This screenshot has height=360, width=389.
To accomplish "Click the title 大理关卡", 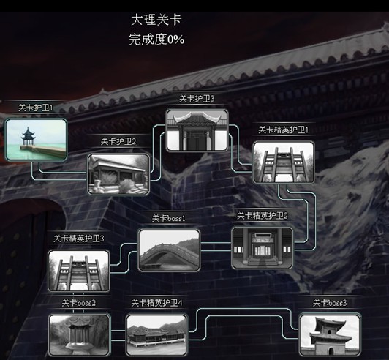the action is tap(156, 20).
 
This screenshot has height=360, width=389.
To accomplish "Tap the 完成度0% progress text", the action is tap(156, 40).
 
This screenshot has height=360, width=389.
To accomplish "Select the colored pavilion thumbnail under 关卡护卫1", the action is tap(37, 140).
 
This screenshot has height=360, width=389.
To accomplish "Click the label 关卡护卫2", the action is tap(118, 141).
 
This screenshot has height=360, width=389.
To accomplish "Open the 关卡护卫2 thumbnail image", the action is tap(118, 174).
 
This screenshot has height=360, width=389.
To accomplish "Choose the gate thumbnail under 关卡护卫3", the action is tap(197, 130).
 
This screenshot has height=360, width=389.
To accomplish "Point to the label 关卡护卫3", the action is tap(197, 99).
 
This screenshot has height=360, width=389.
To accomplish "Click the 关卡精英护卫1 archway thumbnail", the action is tap(284, 162).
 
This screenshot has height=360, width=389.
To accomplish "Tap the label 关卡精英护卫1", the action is tap(284, 130).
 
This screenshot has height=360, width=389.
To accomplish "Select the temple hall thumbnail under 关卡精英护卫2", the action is tap(263, 248).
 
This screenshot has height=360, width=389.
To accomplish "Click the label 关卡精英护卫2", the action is tap(263, 216).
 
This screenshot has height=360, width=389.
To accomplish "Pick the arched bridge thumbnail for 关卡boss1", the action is tap(169, 250).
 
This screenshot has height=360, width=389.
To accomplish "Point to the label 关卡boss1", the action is tap(169, 218).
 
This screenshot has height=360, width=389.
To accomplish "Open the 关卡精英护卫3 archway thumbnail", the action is tap(79, 271).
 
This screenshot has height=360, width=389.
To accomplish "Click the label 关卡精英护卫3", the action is tap(79, 239).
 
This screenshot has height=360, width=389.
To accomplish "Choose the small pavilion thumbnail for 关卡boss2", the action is tap(80, 335).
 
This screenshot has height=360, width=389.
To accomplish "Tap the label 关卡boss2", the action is tap(79, 303).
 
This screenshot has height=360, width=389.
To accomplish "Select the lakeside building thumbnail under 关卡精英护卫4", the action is tap(156, 335).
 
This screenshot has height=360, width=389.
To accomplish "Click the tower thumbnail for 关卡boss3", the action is tap(330, 334).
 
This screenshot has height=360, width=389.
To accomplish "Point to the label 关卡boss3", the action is tap(330, 303).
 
